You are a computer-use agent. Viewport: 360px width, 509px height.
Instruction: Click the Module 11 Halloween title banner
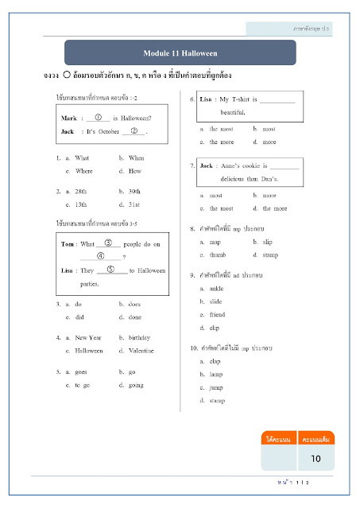click(x=180, y=53)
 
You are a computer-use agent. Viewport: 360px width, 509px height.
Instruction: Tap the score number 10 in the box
click(x=315, y=458)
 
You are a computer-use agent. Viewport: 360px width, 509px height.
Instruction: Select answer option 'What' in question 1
click(x=83, y=158)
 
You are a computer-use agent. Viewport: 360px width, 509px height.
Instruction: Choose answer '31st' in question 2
click(x=134, y=204)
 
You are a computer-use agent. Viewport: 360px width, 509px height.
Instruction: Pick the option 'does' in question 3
click(x=134, y=304)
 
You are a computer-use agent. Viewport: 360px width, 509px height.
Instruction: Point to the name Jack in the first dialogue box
click(x=68, y=130)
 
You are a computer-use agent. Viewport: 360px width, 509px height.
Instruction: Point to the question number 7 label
click(x=193, y=165)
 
